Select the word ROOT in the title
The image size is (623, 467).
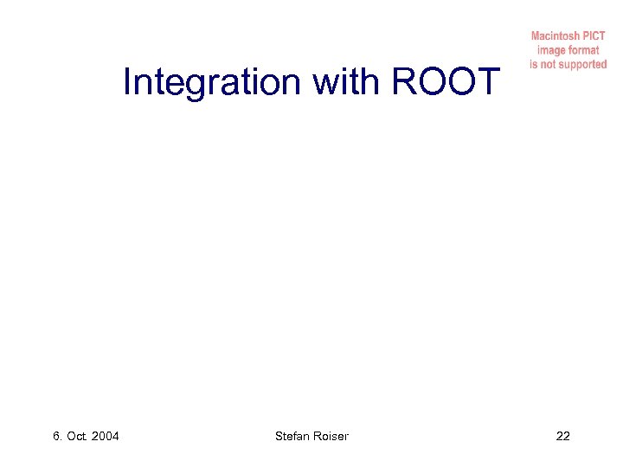point(446,83)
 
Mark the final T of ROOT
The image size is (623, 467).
point(489,83)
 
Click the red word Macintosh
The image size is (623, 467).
point(556,36)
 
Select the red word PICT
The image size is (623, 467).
point(594,36)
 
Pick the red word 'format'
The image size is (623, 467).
point(585,50)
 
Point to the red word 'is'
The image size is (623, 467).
point(534,65)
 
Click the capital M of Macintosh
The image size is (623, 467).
point(535,36)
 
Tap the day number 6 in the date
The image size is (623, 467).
point(56,436)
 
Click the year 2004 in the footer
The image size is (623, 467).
point(105,436)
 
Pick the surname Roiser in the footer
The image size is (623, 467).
point(332,436)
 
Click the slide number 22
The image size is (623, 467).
point(562,436)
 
